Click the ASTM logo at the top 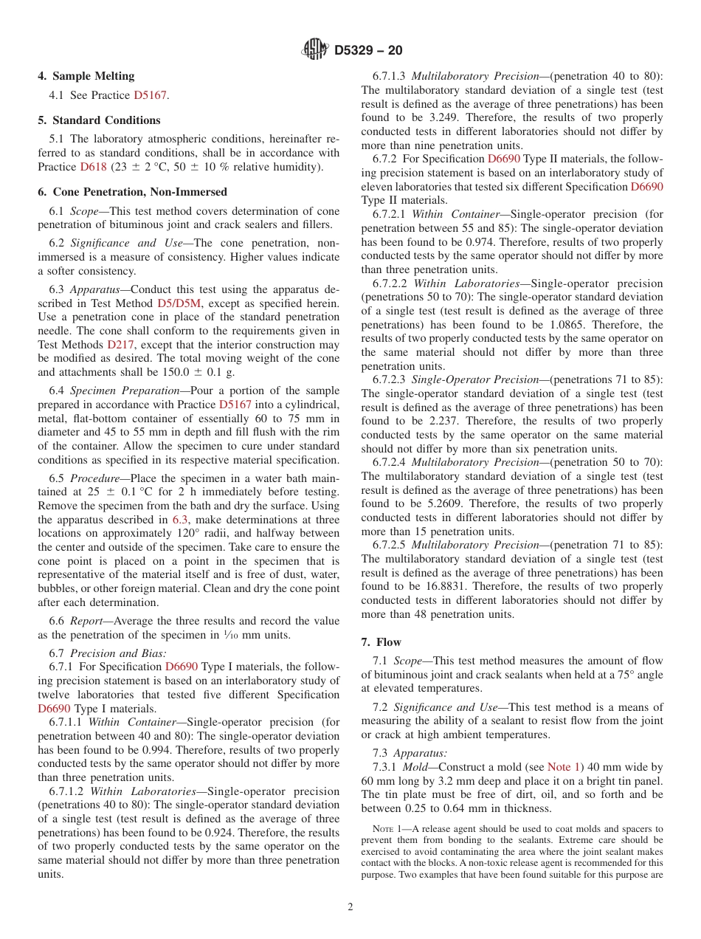[315, 50]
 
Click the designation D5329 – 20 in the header [368, 51]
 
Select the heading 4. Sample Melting [86, 76]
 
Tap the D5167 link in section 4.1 [151, 95]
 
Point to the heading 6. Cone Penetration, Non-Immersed [132, 192]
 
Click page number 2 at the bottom [350, 907]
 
